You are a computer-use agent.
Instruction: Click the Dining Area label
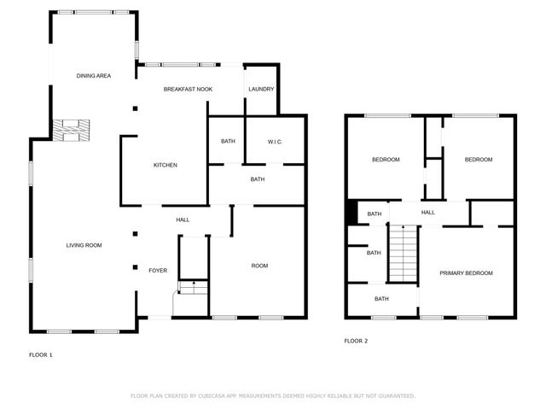[94, 76]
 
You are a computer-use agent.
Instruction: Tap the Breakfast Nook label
[188, 89]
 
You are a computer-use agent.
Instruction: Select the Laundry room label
[261, 89]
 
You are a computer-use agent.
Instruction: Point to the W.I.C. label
[275, 141]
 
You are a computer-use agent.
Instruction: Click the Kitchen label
[166, 165]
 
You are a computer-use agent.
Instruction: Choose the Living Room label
[84, 245]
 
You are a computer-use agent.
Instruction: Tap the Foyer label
[158, 271]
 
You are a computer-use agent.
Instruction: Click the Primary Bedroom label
[466, 272]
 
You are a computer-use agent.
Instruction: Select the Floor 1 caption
[41, 354]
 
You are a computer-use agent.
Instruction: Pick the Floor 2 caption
[356, 341]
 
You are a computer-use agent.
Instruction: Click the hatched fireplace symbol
[71, 130]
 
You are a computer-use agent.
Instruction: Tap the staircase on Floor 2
[403, 252]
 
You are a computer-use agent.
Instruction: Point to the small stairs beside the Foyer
[192, 287]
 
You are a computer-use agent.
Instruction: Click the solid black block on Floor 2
[351, 212]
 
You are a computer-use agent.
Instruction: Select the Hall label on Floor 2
[427, 213]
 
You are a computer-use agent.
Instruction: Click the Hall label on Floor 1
[183, 220]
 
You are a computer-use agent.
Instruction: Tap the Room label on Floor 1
[259, 266]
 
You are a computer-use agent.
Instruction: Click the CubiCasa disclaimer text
[272, 396]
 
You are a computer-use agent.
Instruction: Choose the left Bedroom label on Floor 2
[386, 160]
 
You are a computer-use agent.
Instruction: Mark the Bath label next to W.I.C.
[228, 141]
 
